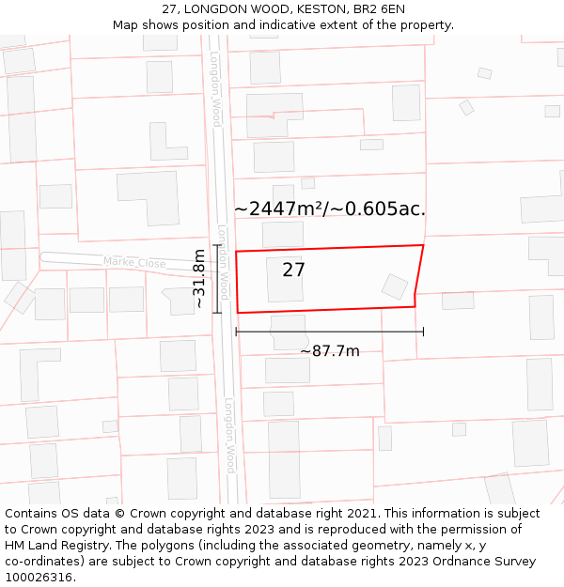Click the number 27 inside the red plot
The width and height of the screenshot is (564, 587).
coord(293,270)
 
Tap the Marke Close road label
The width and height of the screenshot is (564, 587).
coord(134,263)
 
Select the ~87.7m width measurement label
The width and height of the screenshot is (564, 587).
coord(329,351)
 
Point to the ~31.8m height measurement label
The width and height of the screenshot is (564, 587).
coord(199,279)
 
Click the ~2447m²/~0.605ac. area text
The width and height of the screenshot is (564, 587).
coord(330,209)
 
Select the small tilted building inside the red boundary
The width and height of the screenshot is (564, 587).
coord(395,286)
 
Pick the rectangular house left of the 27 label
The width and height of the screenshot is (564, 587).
coord(285,279)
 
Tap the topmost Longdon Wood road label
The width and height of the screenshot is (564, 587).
coord(215,89)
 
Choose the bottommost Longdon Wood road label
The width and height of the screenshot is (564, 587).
coord(229,436)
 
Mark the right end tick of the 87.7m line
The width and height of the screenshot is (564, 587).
coord(423,331)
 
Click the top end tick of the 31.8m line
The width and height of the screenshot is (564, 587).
coord(216,246)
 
